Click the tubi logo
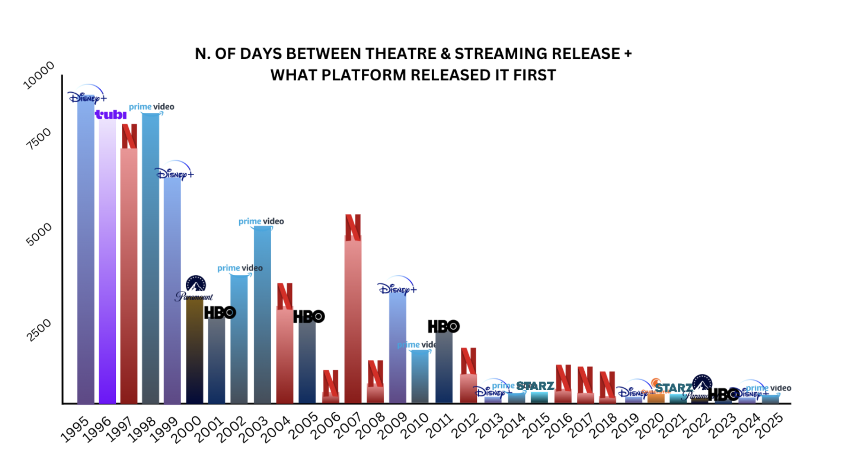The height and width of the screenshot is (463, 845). [110, 114]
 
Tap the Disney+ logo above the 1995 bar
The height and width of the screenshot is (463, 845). [87, 97]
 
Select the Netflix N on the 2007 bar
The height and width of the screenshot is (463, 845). [353, 227]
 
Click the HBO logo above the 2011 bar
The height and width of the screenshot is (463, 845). [444, 326]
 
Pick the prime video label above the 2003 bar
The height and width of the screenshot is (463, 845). [261, 221]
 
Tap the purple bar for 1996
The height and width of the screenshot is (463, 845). [107, 261]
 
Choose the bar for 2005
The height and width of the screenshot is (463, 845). [307, 362]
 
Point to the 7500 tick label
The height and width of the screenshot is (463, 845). [38, 139]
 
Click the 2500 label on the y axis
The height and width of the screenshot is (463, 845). [38, 330]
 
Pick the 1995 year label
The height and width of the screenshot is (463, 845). [74, 429]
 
